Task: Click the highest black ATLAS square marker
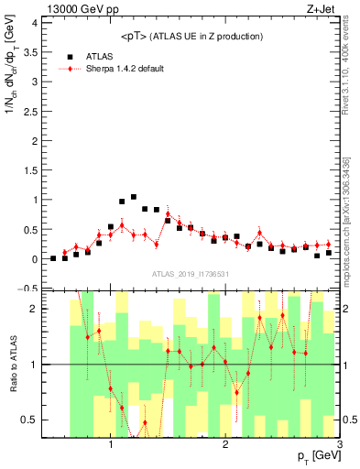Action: (134, 197)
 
